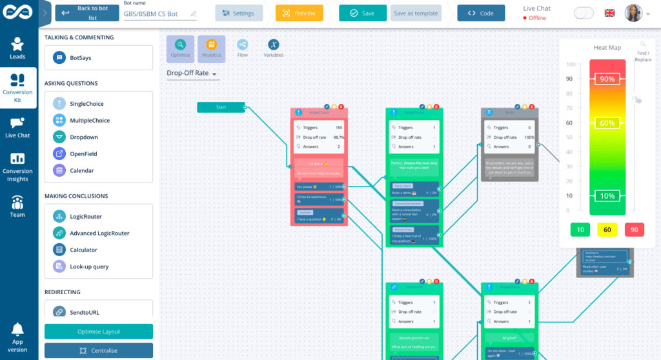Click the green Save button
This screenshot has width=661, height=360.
pyautogui.click(x=361, y=13)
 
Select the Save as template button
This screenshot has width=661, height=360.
pyautogui.click(x=416, y=13)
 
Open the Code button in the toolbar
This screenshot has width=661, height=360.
pyautogui.click(x=481, y=13)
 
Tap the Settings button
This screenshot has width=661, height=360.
pyautogui.click(x=239, y=13)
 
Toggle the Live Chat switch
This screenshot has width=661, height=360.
pyautogui.click(x=584, y=13)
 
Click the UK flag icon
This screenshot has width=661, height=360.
pyautogui.click(x=609, y=13)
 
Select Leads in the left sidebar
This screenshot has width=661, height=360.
pyautogui.click(x=17, y=48)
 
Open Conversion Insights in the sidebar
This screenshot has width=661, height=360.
pyautogui.click(x=17, y=166)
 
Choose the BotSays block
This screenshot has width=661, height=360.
pyautogui.click(x=99, y=57)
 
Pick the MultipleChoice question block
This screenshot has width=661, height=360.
pyautogui.click(x=99, y=121)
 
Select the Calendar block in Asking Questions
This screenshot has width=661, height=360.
pyautogui.click(x=99, y=171)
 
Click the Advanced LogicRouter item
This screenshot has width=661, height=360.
pyautogui.click(x=99, y=234)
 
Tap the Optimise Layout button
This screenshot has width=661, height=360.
pyautogui.click(x=99, y=332)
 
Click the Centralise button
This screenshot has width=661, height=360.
pyautogui.click(x=99, y=350)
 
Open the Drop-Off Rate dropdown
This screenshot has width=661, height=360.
pyautogui.click(x=192, y=74)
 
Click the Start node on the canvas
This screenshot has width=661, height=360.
pyautogui.click(x=221, y=107)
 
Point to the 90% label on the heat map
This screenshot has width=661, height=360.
pyautogui.click(x=607, y=79)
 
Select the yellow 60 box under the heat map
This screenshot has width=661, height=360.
pyautogui.click(x=607, y=230)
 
